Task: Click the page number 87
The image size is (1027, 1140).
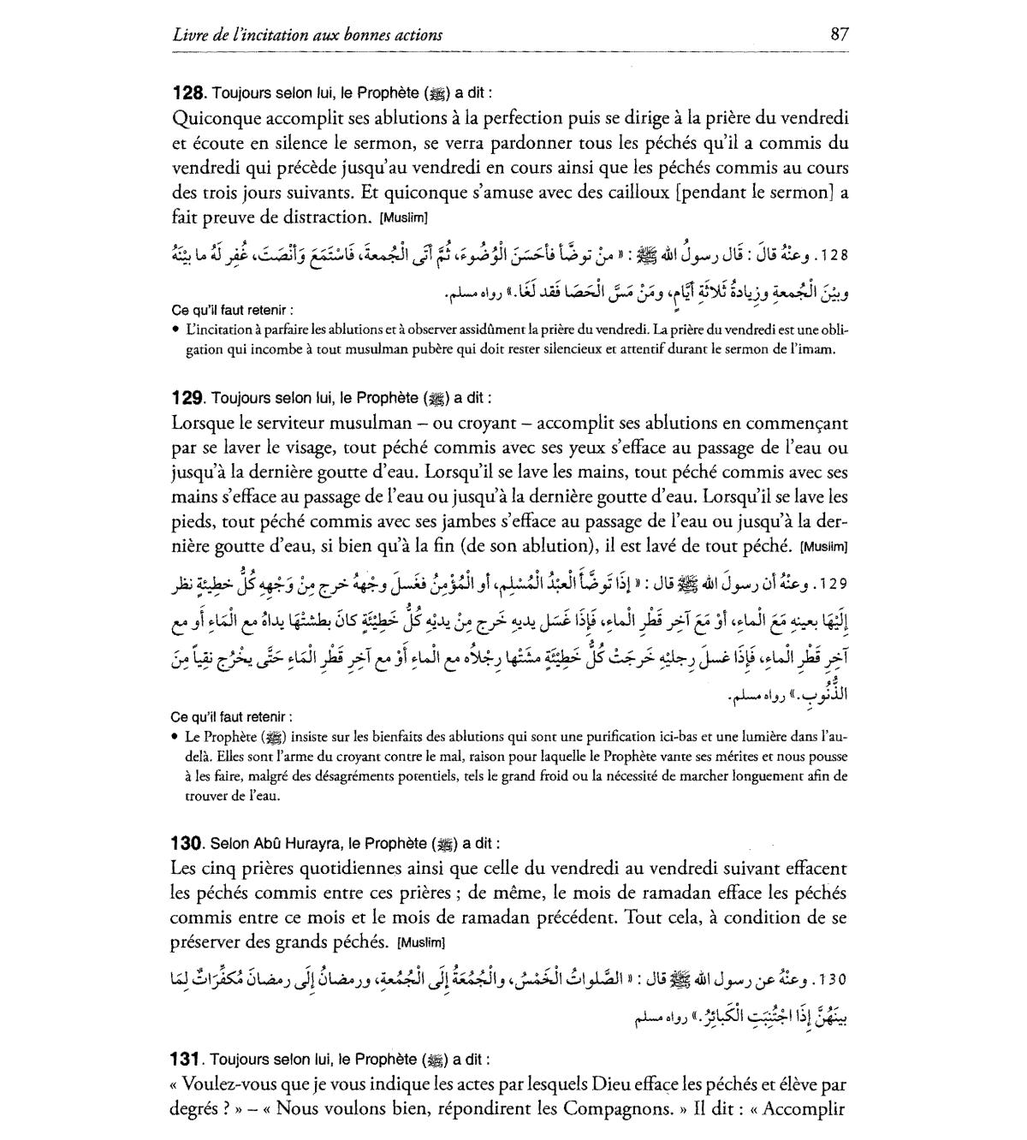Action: tap(839, 34)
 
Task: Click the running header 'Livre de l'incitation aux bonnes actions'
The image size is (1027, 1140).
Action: tap(307, 35)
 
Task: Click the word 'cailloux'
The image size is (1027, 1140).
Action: tap(632, 193)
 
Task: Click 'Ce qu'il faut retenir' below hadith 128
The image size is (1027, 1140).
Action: tap(232, 310)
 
